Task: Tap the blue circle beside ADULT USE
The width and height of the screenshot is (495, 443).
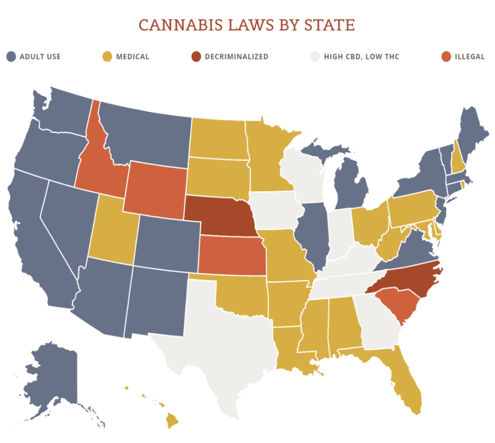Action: coord(11,57)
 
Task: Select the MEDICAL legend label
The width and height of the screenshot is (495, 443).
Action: coord(132,57)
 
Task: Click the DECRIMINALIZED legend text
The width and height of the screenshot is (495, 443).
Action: coord(236,57)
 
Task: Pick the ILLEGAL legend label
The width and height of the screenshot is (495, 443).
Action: coord(469,57)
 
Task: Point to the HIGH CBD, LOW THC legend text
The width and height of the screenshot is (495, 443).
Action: coord(362,57)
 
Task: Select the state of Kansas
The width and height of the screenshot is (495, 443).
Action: coord(232,255)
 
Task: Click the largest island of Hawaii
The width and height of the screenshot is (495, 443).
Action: coord(172,422)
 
